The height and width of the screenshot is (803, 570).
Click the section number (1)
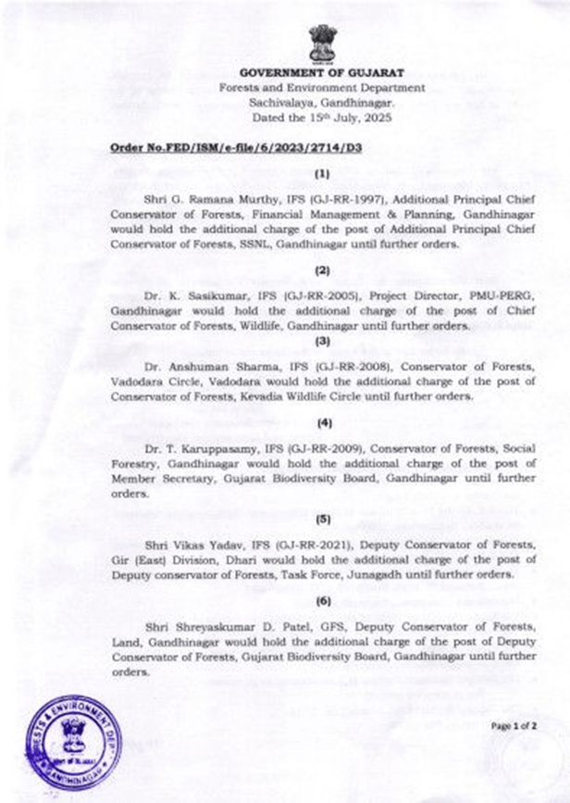[322, 173]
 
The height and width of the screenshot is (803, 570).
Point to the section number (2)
[322, 270]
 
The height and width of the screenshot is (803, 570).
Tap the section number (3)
[322, 340]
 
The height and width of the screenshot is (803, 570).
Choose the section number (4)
[322, 423]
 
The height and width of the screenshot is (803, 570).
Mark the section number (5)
[322, 519]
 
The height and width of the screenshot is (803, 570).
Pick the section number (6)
[322, 602]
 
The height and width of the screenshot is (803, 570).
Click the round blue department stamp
[73, 742]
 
